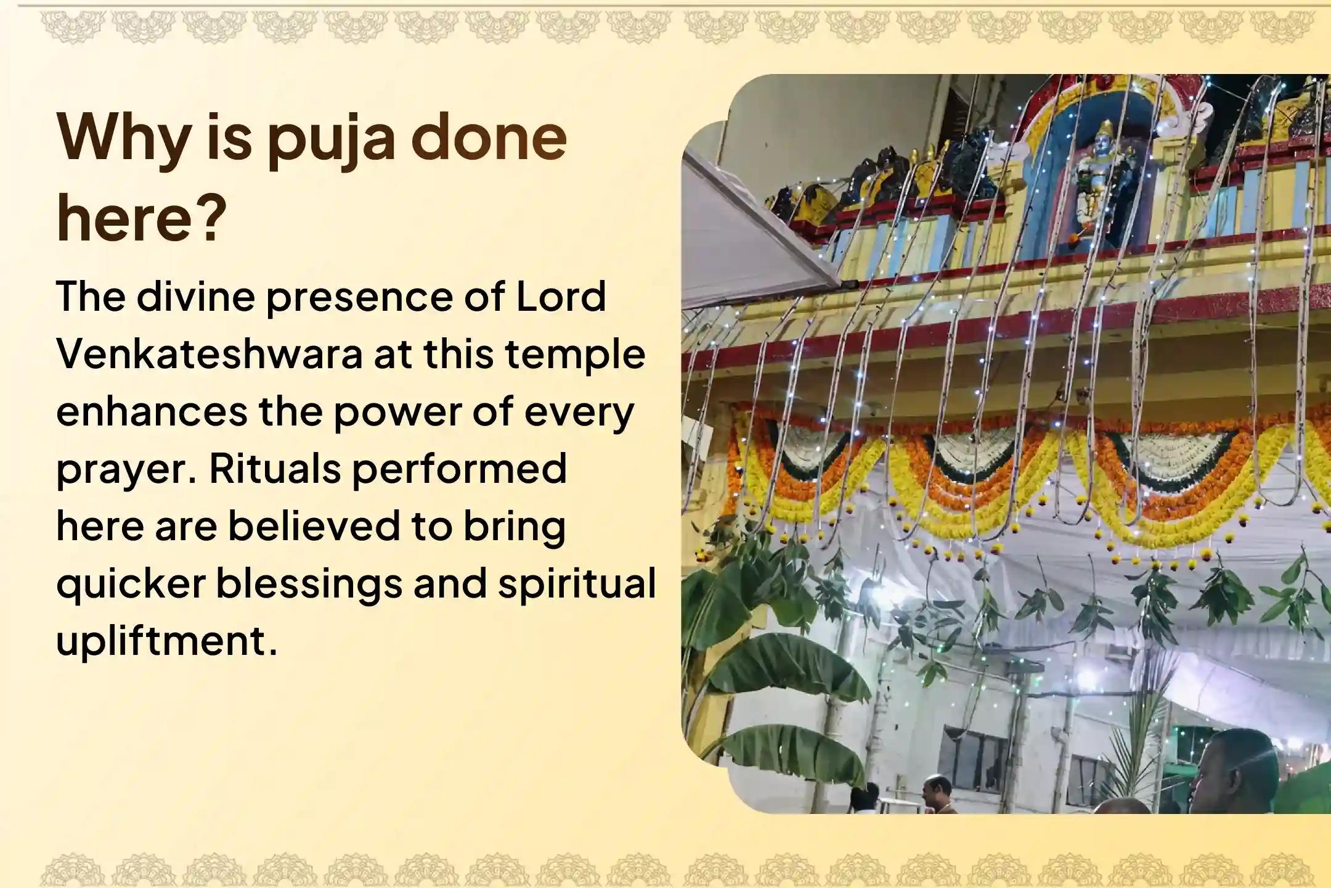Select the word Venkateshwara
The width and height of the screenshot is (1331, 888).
(x=210, y=355)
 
